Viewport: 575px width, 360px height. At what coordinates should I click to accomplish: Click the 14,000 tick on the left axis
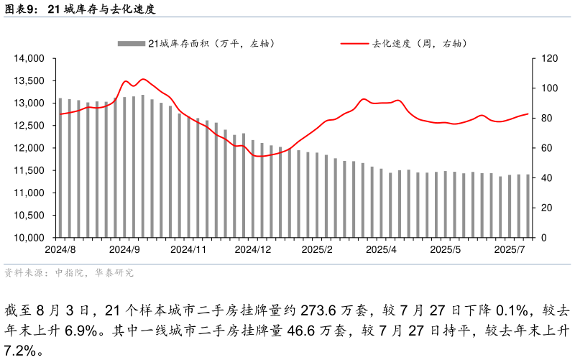click(31, 58)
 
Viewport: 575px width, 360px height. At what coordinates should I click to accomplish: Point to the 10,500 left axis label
click(31, 216)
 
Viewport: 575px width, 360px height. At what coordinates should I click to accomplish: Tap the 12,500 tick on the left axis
click(31, 126)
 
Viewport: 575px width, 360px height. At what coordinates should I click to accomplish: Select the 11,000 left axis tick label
click(31, 193)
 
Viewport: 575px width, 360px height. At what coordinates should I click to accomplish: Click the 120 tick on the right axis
click(540, 58)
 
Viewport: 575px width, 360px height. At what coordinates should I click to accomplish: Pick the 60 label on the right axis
click(538, 148)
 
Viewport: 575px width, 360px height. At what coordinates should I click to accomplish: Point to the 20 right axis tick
click(538, 208)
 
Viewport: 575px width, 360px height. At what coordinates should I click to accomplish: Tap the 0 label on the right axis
click(535, 238)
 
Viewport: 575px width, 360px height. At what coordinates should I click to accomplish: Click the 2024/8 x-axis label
click(60, 249)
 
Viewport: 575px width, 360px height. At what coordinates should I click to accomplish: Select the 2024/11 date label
click(188, 249)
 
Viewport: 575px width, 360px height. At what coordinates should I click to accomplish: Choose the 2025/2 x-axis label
click(317, 249)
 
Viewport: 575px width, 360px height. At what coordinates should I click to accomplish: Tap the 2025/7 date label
click(510, 249)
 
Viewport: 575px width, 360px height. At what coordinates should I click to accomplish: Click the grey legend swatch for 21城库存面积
click(132, 44)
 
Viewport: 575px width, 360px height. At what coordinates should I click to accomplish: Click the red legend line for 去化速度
click(354, 44)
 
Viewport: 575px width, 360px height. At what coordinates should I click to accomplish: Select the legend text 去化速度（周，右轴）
click(420, 44)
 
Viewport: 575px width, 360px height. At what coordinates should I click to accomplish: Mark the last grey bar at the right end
click(528, 206)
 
